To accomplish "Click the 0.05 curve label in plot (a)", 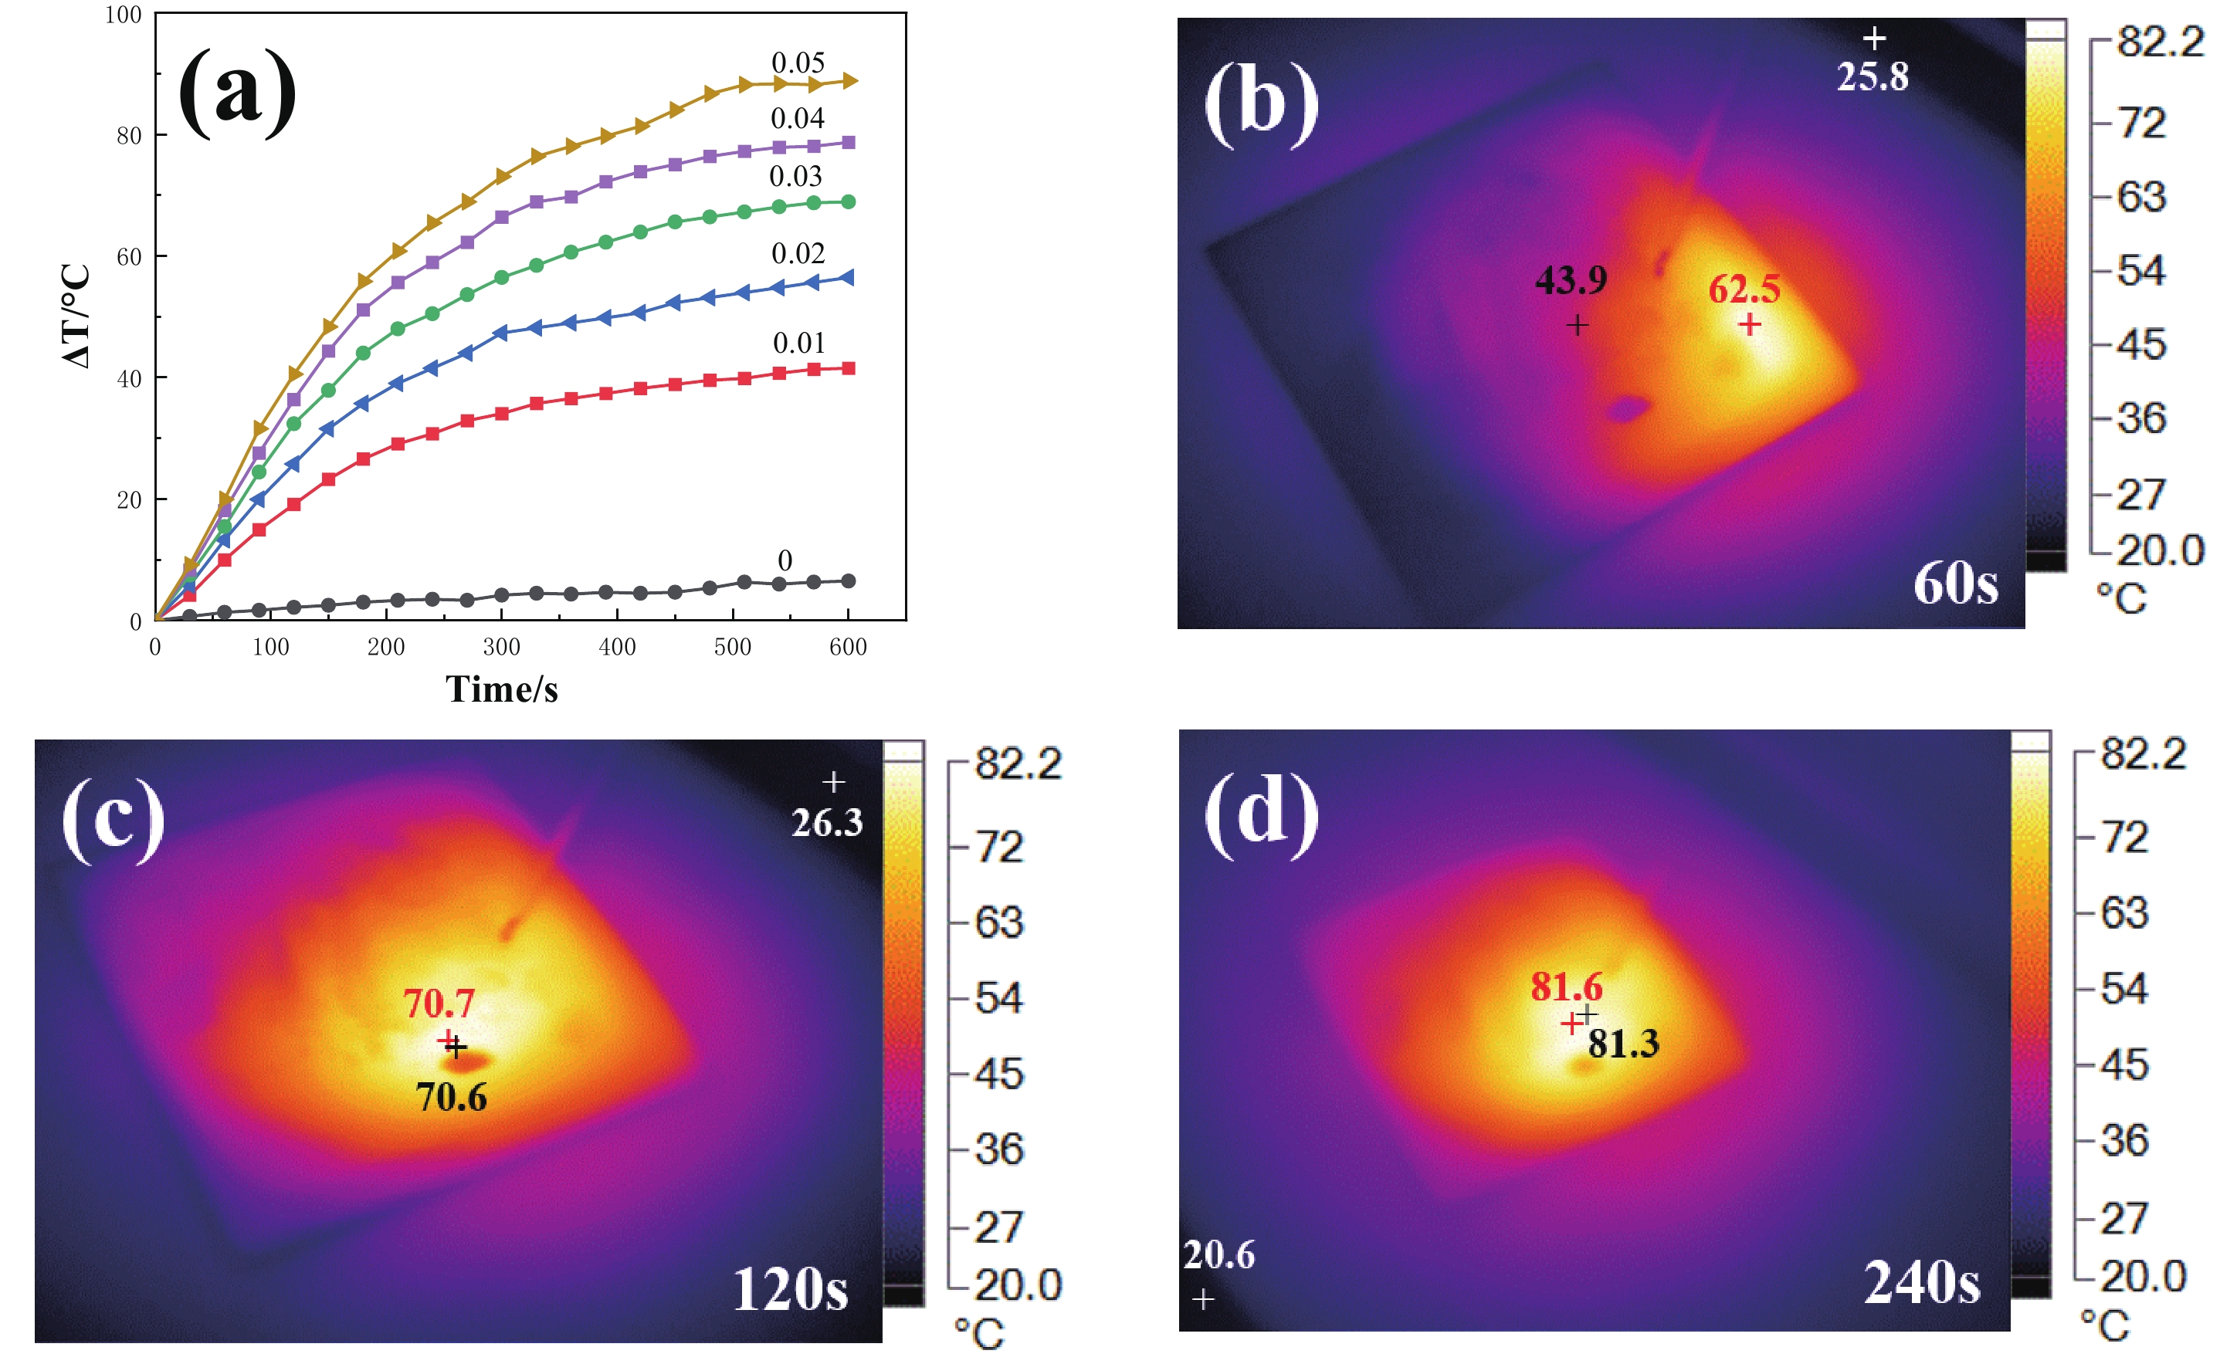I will tap(798, 63).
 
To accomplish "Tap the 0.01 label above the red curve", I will tap(798, 343).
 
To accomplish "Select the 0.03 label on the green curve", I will tap(795, 176).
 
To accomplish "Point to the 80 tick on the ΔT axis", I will tap(129, 135).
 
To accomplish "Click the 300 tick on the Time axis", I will tap(501, 647).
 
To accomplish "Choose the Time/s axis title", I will tap(502, 689).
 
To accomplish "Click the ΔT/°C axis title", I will tap(76, 316).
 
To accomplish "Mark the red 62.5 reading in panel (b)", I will tap(1744, 289).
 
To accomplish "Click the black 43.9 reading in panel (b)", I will tap(1571, 280).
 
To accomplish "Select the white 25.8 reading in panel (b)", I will tap(1873, 76).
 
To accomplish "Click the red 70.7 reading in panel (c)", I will tap(439, 1004).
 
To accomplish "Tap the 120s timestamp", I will tap(790, 1289).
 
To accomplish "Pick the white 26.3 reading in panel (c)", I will tap(827, 823).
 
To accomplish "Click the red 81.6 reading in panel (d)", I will tap(1566, 987).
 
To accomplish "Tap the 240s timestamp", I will tap(1921, 1283).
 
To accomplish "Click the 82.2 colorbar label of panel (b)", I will tap(2160, 42).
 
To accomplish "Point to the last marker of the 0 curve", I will tap(849, 581).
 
